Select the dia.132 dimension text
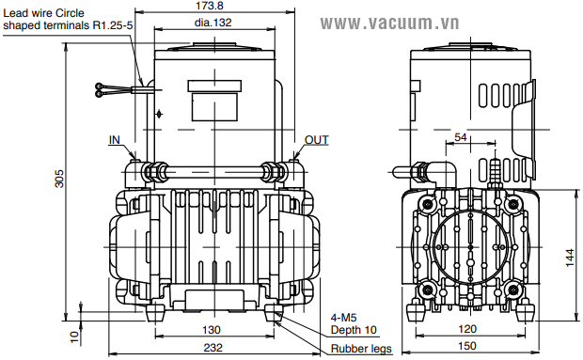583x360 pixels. (213, 23)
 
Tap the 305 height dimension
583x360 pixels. (59, 179)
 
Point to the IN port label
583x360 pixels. (115, 140)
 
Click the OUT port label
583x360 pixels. (316, 140)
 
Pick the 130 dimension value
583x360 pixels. (212, 330)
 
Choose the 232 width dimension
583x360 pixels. (213, 348)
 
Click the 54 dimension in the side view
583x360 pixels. (461, 137)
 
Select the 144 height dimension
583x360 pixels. (570, 258)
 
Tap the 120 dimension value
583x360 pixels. (467, 329)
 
